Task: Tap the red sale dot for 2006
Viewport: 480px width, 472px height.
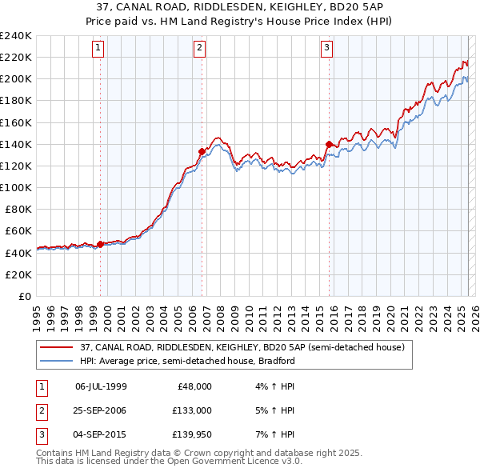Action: pyautogui.click(x=202, y=150)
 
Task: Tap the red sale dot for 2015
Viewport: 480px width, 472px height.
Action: pyautogui.click(x=329, y=144)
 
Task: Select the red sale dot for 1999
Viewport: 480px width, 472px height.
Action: pyautogui.click(x=100, y=244)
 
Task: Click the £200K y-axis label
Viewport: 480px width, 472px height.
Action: pyautogui.click(x=16, y=78)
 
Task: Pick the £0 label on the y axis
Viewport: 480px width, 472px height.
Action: pyautogui.click(x=23, y=296)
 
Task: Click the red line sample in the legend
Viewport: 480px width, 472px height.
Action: pyautogui.click(x=55, y=348)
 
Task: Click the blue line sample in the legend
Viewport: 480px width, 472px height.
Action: pyautogui.click(x=55, y=361)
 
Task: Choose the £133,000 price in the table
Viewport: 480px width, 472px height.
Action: pyautogui.click(x=192, y=410)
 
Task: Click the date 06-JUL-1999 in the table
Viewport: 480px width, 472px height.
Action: pyautogui.click(x=101, y=386)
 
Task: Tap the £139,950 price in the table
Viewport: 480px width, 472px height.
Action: pyautogui.click(x=192, y=434)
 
